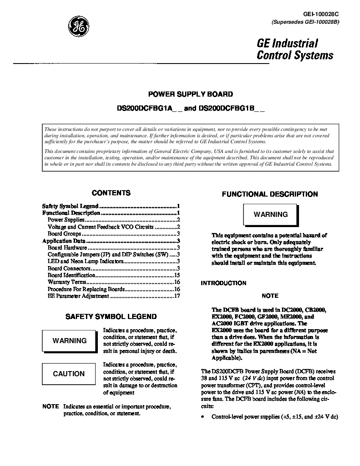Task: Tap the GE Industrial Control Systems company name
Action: pyautogui.click(x=295, y=49)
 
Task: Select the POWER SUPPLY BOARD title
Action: pyautogui.click(x=190, y=94)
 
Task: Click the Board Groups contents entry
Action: pyautogui.click(x=64, y=233)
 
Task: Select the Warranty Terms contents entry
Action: pyautogui.click(x=67, y=282)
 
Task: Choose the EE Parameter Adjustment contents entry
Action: pyautogui.click(x=78, y=296)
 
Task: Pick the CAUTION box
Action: pyautogui.click(x=69, y=374)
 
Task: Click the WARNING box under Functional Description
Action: pyautogui.click(x=270, y=214)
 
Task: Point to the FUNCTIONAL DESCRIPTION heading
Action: pyautogui.click(x=270, y=194)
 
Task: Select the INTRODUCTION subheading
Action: pyautogui.click(x=223, y=283)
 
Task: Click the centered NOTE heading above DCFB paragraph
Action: pyautogui.click(x=270, y=296)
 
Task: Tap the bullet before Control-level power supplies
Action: pyautogui.click(x=203, y=417)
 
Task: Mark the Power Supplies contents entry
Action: pyautogui.click(x=66, y=220)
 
